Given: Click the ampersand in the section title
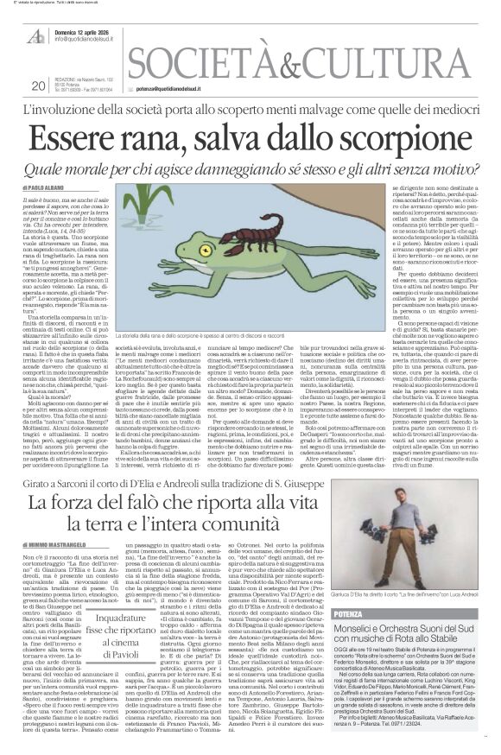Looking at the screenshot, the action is [285, 66].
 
